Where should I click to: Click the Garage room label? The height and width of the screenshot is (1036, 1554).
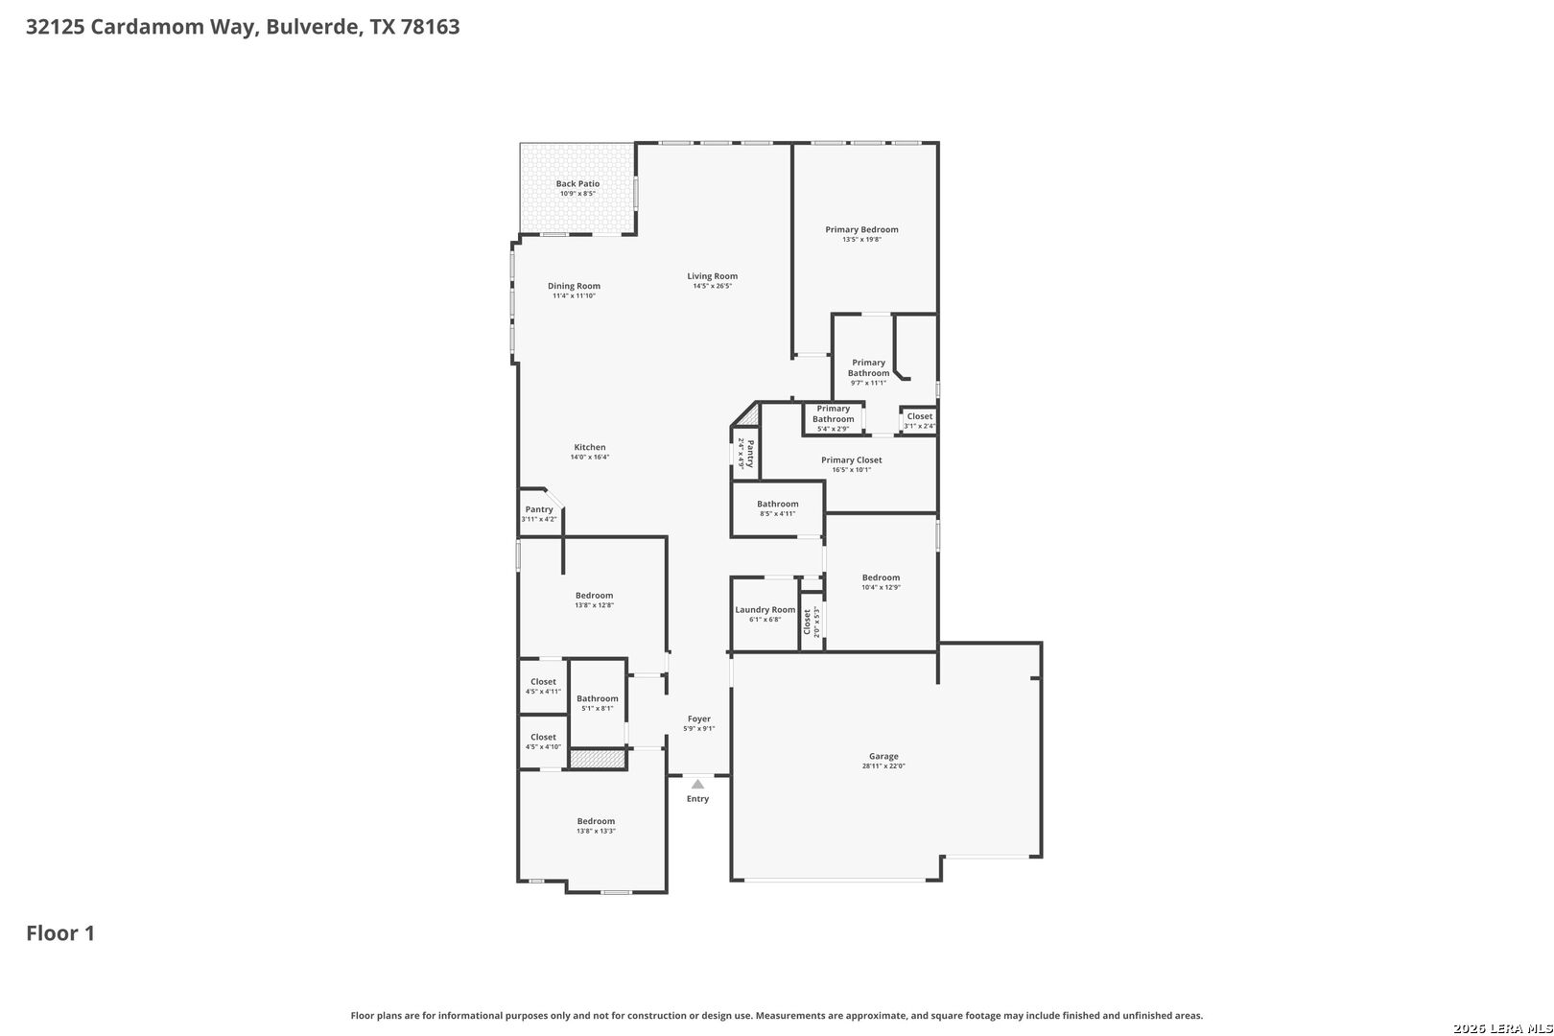pos(883,757)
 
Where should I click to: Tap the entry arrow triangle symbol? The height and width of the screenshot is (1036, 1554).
pos(697,785)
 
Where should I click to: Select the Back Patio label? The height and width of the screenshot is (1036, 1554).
pos(577,183)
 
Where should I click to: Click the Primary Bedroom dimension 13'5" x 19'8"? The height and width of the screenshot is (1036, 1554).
pos(861,240)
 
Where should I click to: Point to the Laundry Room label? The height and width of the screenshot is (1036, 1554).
pos(765,610)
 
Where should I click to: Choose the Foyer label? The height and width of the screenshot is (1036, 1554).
pos(698,718)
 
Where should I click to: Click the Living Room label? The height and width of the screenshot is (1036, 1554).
pos(712,276)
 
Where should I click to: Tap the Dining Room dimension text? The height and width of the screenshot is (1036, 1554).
pos(574,296)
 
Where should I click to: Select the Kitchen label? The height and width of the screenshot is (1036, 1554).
pos(589,447)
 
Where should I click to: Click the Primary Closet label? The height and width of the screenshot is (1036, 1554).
pos(851,460)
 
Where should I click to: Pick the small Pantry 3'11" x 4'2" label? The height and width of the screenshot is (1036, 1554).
pos(538,509)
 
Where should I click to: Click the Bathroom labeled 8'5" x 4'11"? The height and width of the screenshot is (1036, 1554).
pos(777,505)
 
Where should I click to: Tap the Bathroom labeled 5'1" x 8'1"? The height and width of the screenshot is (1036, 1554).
pos(597,699)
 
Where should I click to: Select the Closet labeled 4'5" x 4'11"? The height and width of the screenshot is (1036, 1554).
pos(543,682)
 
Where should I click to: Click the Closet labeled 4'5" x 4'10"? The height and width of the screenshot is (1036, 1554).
pos(543,738)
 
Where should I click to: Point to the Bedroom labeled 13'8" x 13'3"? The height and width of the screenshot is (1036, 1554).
pos(596,821)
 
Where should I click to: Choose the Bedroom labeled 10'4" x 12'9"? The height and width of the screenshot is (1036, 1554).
pos(881,578)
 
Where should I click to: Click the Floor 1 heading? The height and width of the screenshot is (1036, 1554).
pos(60,933)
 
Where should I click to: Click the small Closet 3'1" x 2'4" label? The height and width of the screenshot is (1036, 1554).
pos(919,416)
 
